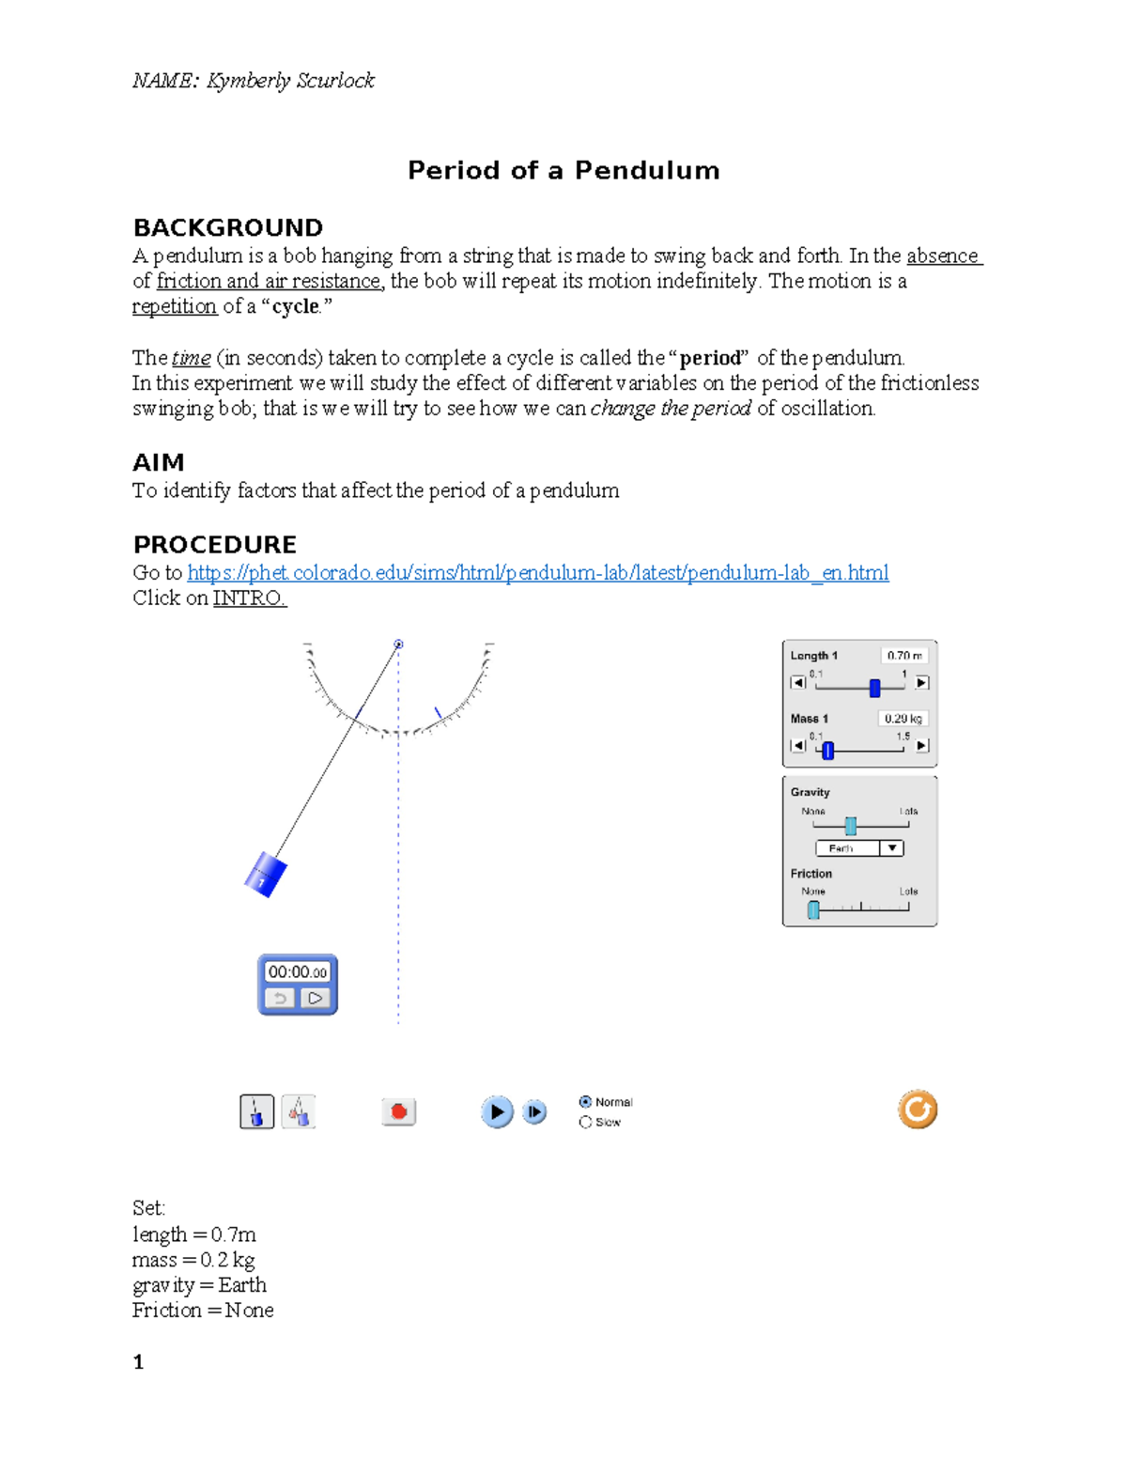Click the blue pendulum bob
tap(265, 874)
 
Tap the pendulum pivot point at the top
tap(398, 644)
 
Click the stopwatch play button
tap(316, 998)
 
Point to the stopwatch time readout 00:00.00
tap(298, 972)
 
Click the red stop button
tap(398, 1111)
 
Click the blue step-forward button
tap(534, 1111)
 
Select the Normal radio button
tap(585, 1102)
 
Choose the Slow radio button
tap(585, 1122)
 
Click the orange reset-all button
tap(917, 1110)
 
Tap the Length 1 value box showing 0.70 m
tap(903, 656)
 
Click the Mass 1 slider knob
tap(827, 750)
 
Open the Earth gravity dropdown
tap(891, 848)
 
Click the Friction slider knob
tap(813, 908)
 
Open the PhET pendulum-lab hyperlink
tap(537, 573)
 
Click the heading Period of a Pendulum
tap(563, 170)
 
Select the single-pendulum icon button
tap(256, 1111)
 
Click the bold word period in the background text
tap(711, 358)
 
